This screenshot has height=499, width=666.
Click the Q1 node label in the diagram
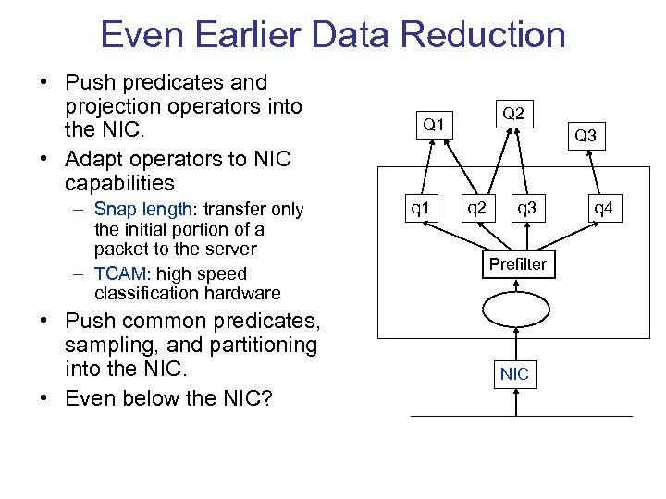click(433, 124)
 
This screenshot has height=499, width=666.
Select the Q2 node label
click(512, 113)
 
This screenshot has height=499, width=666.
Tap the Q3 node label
click(585, 136)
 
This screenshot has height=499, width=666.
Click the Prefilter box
click(518, 264)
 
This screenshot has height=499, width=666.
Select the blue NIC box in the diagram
click(514, 373)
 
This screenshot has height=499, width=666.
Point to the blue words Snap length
click(142, 210)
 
